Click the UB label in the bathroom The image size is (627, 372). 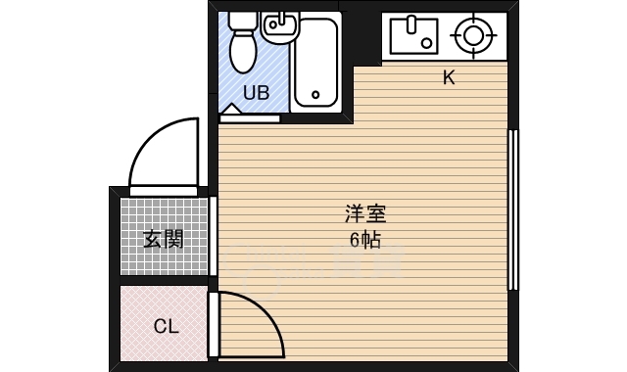coord(255,94)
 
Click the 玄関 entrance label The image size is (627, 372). coord(164,238)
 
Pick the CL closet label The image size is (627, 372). coord(166,326)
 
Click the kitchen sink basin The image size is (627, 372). coord(411,35)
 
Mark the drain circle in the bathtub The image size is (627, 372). coord(314,96)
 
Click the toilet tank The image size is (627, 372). coord(242,20)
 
